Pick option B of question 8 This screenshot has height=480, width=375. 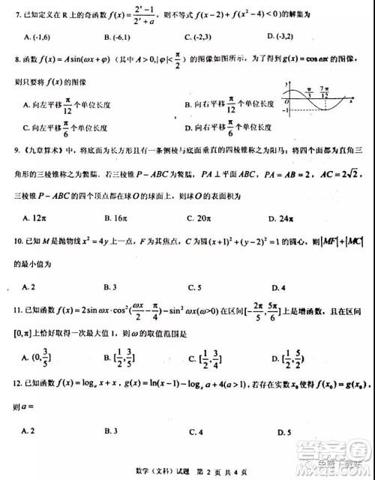tap(226, 106)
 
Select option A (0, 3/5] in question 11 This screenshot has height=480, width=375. tap(37, 356)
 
